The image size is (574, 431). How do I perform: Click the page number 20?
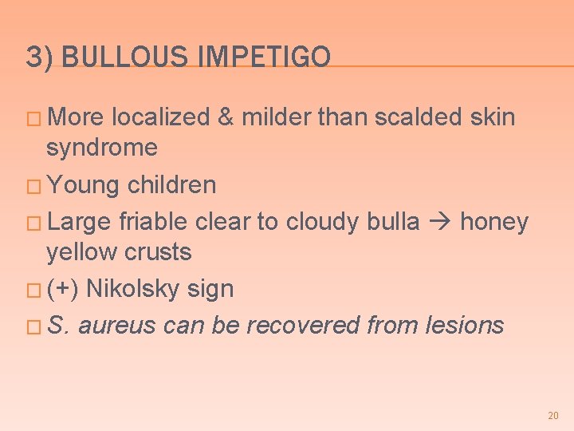[553, 416]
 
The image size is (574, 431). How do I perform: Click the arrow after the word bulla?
[439, 221]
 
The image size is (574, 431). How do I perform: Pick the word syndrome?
[102, 148]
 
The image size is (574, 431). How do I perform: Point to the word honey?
[494, 221]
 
